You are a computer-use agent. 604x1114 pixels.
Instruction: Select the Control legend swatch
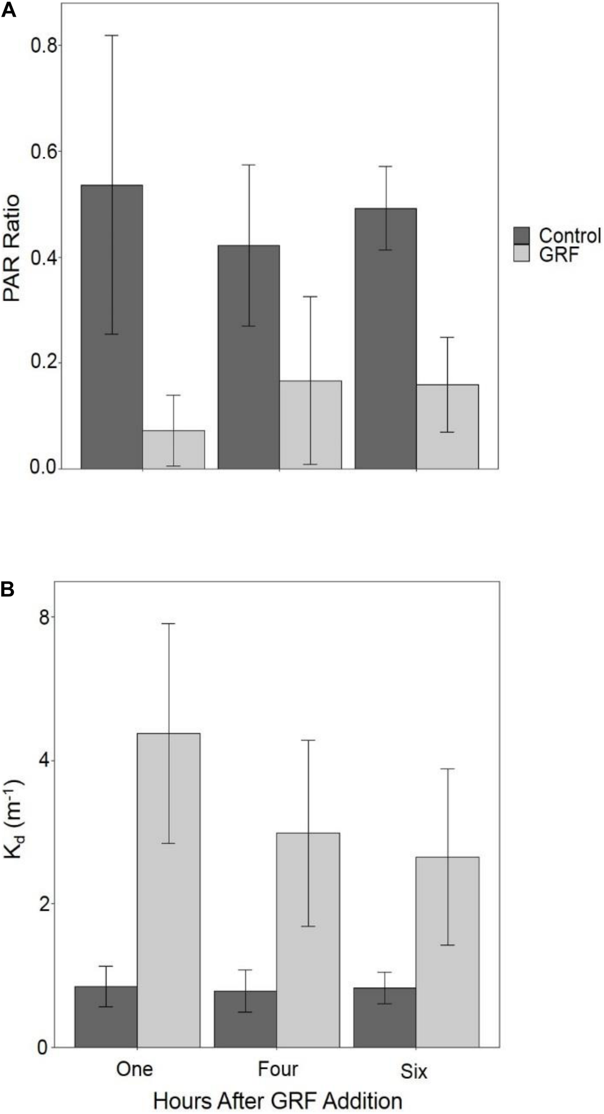(x=521, y=236)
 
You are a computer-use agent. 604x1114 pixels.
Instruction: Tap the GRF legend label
(x=559, y=255)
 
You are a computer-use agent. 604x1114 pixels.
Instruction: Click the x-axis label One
(x=134, y=1069)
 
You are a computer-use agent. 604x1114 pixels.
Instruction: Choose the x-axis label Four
(x=278, y=1069)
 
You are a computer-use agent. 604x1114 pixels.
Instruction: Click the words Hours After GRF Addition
(x=278, y=1098)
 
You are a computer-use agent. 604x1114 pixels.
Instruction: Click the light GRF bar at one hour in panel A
(x=173, y=450)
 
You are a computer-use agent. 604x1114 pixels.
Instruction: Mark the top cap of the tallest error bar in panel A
(x=111, y=35)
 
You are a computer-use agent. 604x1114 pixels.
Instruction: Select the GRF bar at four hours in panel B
(x=308, y=936)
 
